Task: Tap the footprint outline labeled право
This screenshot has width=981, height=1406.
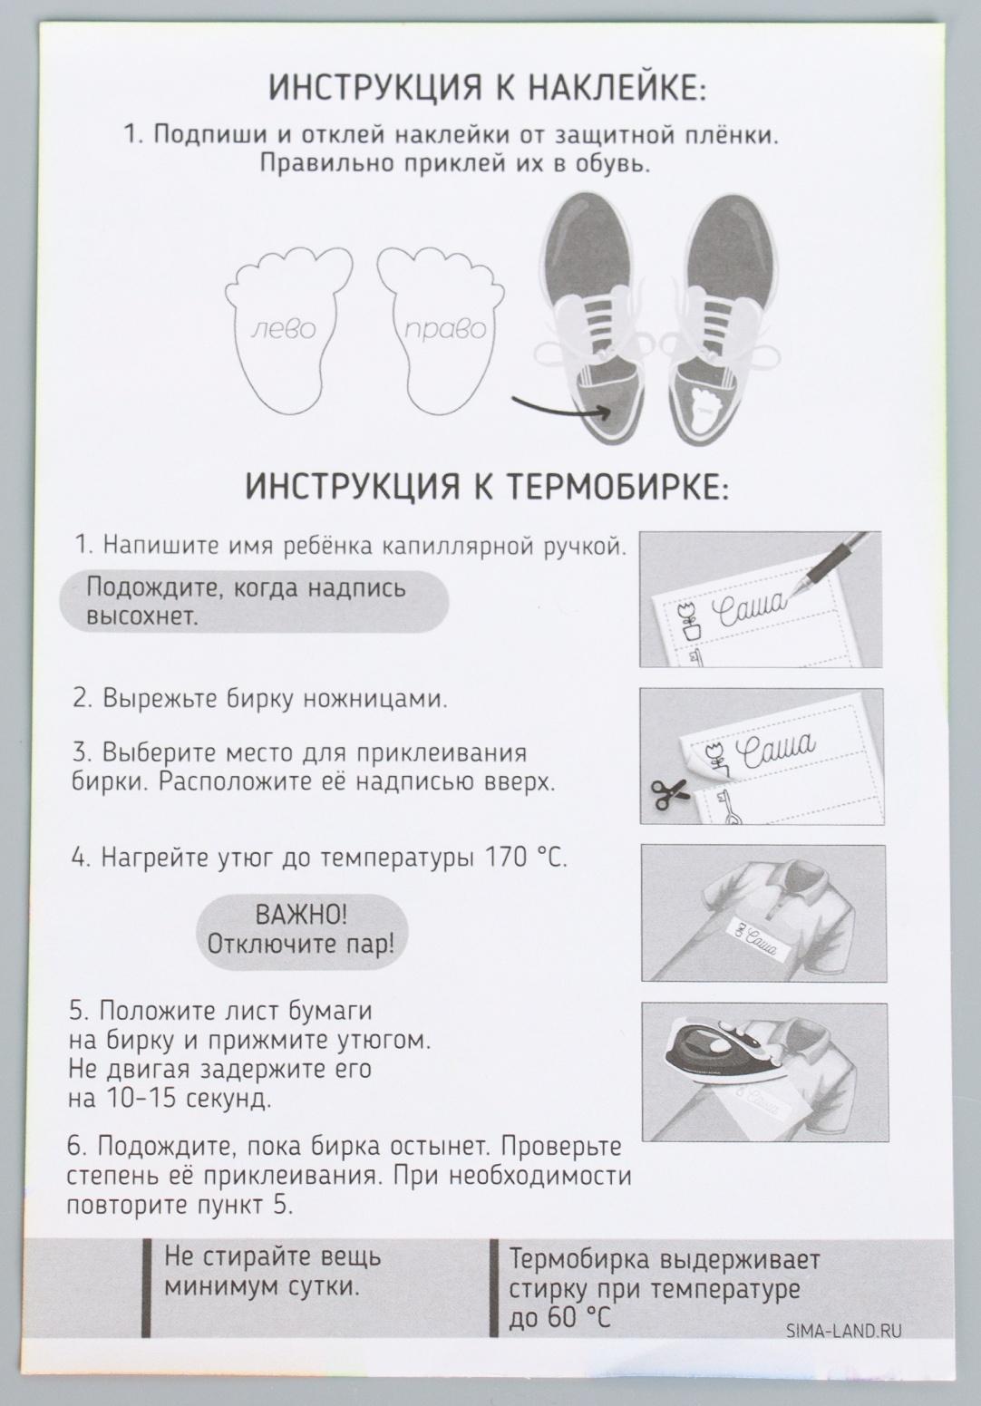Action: [442, 328]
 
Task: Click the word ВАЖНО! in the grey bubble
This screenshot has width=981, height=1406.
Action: [301, 912]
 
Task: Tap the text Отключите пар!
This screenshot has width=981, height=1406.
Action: [301, 944]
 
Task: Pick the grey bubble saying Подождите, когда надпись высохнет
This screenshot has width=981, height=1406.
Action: [255, 602]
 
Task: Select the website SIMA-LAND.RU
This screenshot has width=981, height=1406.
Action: [845, 1331]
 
